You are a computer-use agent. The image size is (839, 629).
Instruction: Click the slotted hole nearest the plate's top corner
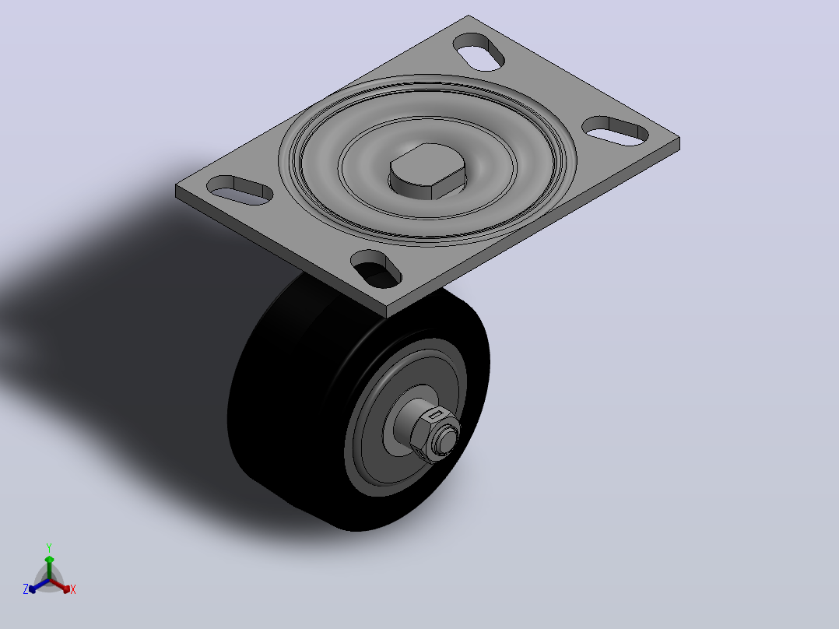479,51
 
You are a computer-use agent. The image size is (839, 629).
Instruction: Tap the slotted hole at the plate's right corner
616,131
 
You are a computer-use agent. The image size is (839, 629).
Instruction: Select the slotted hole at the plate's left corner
240,190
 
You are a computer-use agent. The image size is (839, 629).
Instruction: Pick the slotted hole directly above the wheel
376,269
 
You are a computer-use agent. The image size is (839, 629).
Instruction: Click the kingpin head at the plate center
427,171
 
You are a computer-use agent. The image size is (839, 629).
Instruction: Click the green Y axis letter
49,548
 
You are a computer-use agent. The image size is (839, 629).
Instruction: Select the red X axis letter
73,589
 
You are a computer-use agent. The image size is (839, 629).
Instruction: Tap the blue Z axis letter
26,589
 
